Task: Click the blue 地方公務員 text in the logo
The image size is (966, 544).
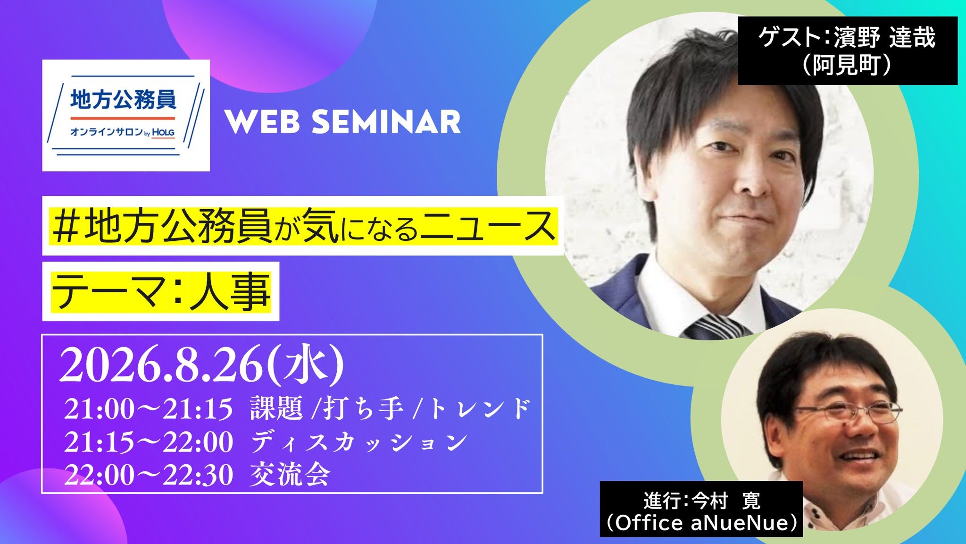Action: (123, 100)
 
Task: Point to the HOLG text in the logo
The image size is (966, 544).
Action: (163, 133)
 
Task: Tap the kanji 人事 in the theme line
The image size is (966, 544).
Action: (230, 291)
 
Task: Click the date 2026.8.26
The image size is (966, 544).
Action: (162, 365)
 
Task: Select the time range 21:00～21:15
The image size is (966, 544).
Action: (149, 408)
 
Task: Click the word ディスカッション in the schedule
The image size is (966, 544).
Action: (358, 442)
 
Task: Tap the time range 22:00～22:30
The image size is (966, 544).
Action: (149, 475)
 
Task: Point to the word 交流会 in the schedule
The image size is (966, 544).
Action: (290, 475)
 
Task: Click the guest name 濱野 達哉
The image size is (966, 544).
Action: (884, 37)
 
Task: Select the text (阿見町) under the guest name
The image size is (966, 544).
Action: (847, 65)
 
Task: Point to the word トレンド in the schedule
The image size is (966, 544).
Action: (479, 408)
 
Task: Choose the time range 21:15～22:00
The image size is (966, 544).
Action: (149, 442)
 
